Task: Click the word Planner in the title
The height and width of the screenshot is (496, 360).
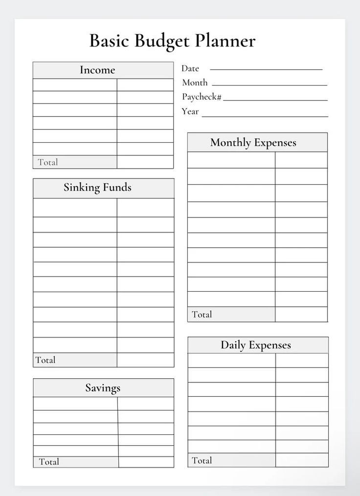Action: click(x=225, y=41)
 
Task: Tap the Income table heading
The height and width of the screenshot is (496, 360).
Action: click(x=97, y=70)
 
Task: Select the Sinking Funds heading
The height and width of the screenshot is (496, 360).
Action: click(x=97, y=187)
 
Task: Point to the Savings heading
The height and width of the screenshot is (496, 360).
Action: click(x=103, y=388)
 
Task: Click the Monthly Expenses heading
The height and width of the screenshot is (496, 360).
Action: click(x=253, y=143)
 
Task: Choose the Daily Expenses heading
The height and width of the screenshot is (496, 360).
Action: click(x=256, y=345)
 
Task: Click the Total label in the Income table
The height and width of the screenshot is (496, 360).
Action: click(x=48, y=162)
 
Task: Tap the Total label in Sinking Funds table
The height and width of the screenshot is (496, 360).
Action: click(x=45, y=360)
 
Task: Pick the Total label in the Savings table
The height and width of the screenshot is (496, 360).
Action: click(x=49, y=462)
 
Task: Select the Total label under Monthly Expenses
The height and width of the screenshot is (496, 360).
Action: click(x=202, y=314)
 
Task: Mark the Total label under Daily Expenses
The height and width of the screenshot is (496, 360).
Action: click(x=202, y=460)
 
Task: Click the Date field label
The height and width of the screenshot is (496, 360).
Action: click(x=190, y=69)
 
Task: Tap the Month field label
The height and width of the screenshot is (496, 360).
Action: click(x=195, y=83)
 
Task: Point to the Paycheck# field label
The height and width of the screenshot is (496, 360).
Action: click(x=202, y=97)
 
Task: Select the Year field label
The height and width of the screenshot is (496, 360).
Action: click(x=190, y=111)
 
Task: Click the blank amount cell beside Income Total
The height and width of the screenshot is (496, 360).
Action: click(x=145, y=162)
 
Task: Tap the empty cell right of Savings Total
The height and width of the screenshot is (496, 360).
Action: click(x=146, y=462)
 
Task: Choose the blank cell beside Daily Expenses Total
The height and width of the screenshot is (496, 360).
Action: click(x=301, y=460)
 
